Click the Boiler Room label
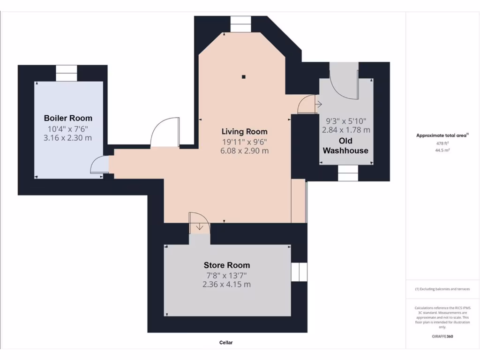pyautogui.click(x=68, y=118)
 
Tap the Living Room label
pyautogui.click(x=244, y=131)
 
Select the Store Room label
pyautogui.click(x=227, y=265)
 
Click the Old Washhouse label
pyautogui.click(x=345, y=146)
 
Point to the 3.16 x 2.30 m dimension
pyautogui.click(x=68, y=138)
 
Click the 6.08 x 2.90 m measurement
pyautogui.click(x=245, y=151)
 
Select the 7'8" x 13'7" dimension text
pyautogui.click(x=227, y=275)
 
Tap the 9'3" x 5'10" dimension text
pyautogui.click(x=345, y=120)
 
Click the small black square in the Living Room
pyautogui.click(x=244, y=77)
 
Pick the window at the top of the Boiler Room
pyautogui.click(x=66, y=73)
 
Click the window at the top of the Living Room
pyautogui.click(x=241, y=24)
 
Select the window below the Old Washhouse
pyautogui.click(x=348, y=173)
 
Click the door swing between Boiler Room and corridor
pyautogui.click(x=99, y=165)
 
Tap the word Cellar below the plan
pyautogui.click(x=226, y=343)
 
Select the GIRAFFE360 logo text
pyautogui.click(x=442, y=337)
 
